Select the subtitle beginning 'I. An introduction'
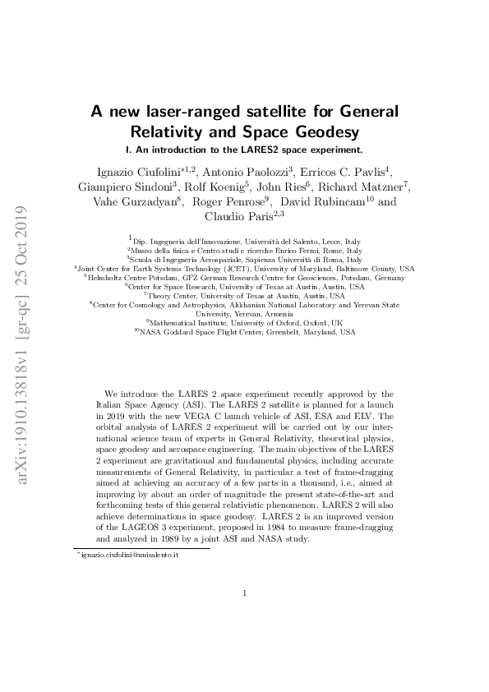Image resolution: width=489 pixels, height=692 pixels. coord(243,150)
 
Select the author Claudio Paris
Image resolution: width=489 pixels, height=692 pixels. coord(238,218)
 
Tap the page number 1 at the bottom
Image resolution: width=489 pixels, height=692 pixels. coord(244,593)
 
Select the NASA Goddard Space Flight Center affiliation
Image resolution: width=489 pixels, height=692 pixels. coord(244,332)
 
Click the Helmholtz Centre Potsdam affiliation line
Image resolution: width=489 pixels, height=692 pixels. coord(244,278)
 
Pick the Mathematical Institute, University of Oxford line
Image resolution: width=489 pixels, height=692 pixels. coord(244,323)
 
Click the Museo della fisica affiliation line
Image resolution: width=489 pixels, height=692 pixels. coord(244,251)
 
